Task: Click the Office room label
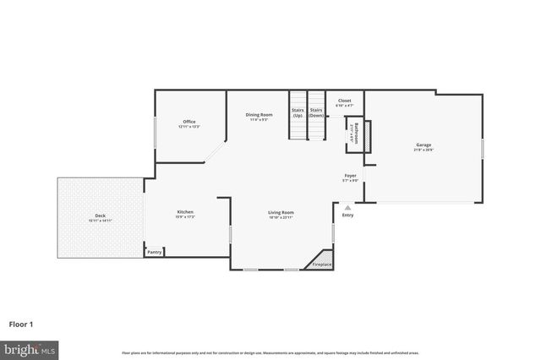(x=188, y=122)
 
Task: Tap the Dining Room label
(x=260, y=114)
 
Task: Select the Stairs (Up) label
(x=298, y=111)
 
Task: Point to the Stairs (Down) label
(x=317, y=111)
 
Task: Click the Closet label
(x=344, y=101)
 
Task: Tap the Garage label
(x=423, y=145)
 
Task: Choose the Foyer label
(x=350, y=177)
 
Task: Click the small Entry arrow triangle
(x=347, y=205)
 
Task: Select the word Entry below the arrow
(x=347, y=215)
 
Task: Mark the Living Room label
(x=281, y=212)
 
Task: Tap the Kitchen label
(x=185, y=211)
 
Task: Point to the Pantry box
(x=154, y=251)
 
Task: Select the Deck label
(x=100, y=215)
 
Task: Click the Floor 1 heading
(x=22, y=323)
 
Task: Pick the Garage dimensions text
(x=423, y=150)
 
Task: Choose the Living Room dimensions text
(x=281, y=217)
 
